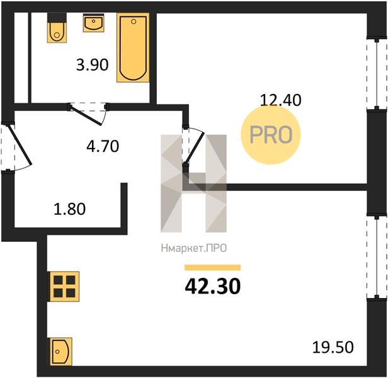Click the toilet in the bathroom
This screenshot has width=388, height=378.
tap(57, 28)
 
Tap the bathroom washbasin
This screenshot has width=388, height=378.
tap(93, 23)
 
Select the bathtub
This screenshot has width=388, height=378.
tap(133, 47)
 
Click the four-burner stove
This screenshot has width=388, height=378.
tap(64, 287)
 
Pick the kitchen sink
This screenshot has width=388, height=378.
tap(61, 352)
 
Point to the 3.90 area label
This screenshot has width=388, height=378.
tap(93, 65)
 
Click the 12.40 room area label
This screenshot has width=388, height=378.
tap(281, 100)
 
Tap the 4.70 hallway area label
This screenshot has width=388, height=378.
tap(103, 146)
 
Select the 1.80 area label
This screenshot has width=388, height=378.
tap(69, 209)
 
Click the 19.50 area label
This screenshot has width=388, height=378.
tap(333, 347)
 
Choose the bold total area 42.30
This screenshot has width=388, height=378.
tap(213, 287)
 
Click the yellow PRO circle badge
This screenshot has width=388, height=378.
tap(271, 135)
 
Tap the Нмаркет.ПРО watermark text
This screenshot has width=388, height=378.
tap(194, 248)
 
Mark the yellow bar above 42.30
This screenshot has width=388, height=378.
tap(213, 268)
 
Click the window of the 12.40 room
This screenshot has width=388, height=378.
tap(377, 74)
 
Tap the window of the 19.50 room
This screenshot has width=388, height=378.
tap(377, 257)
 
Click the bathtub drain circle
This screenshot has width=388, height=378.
tap(134, 21)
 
